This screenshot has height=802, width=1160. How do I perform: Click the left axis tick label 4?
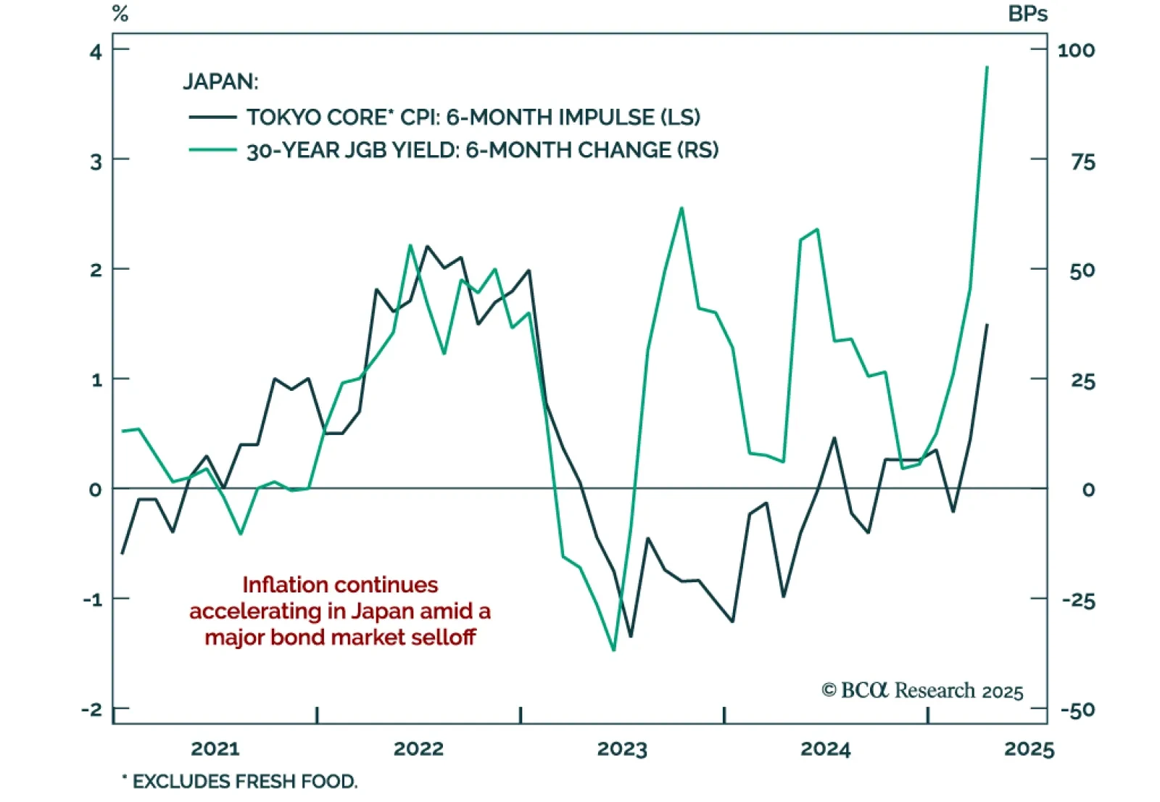[96, 51]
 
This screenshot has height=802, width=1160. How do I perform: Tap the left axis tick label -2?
[92, 709]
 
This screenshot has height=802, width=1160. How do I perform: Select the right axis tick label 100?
[1076, 51]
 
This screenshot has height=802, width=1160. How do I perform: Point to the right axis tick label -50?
[1077, 711]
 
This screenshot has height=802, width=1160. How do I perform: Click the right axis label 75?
[1083, 162]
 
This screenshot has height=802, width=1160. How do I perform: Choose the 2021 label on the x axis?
[215, 748]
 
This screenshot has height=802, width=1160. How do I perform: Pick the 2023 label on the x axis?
[622, 748]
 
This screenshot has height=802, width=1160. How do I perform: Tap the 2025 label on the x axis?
[1029, 748]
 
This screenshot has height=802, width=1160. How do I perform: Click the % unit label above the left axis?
[120, 14]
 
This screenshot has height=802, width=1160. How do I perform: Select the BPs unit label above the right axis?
[1027, 14]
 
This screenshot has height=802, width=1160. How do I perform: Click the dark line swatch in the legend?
[212, 117]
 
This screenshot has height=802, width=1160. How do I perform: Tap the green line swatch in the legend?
[212, 150]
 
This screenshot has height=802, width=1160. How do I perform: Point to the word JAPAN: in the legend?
[220, 81]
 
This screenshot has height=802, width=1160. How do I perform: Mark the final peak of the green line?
[987, 67]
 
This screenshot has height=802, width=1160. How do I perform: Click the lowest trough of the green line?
[614, 650]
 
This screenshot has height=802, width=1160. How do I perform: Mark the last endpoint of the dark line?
[987, 325]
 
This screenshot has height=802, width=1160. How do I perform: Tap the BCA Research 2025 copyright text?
[922, 690]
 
